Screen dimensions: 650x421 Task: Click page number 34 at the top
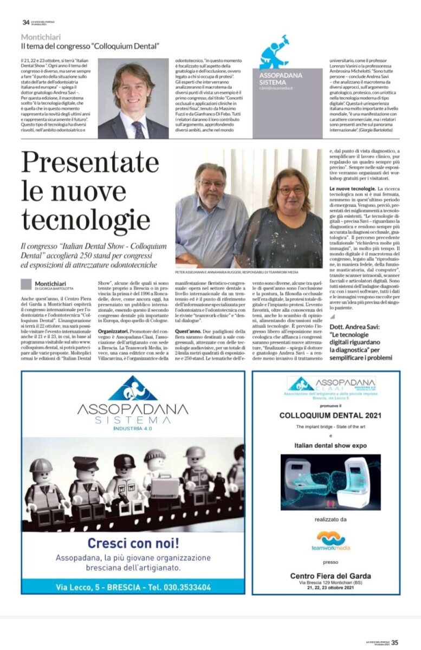pyautogui.click(x=25, y=22)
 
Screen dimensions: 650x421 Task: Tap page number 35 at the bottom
pyautogui.click(x=395, y=642)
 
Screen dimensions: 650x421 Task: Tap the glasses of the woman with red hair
pyautogui.click(x=292, y=190)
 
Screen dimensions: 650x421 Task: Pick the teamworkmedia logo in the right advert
pyautogui.click(x=331, y=541)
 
